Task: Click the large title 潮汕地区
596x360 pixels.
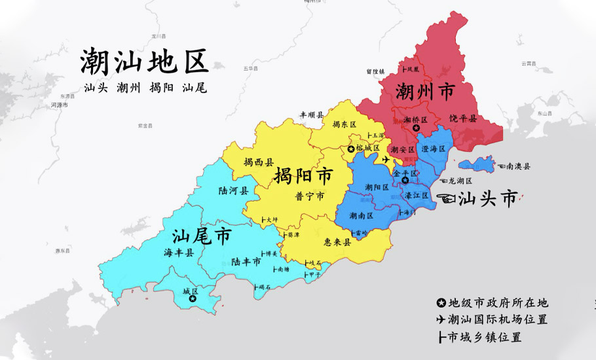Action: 144,62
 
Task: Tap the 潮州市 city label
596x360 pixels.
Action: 424,92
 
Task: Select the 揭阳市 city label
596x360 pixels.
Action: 303,175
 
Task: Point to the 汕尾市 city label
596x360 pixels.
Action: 202,236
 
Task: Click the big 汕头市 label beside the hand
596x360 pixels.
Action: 488,198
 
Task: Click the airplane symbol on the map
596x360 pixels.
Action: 386,159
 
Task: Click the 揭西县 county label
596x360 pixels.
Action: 258,162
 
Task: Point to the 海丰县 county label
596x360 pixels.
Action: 179,252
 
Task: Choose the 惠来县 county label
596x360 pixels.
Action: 338,242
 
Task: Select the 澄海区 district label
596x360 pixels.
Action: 434,149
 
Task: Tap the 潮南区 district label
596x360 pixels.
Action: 361,215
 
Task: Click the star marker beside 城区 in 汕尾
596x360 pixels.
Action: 193,298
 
